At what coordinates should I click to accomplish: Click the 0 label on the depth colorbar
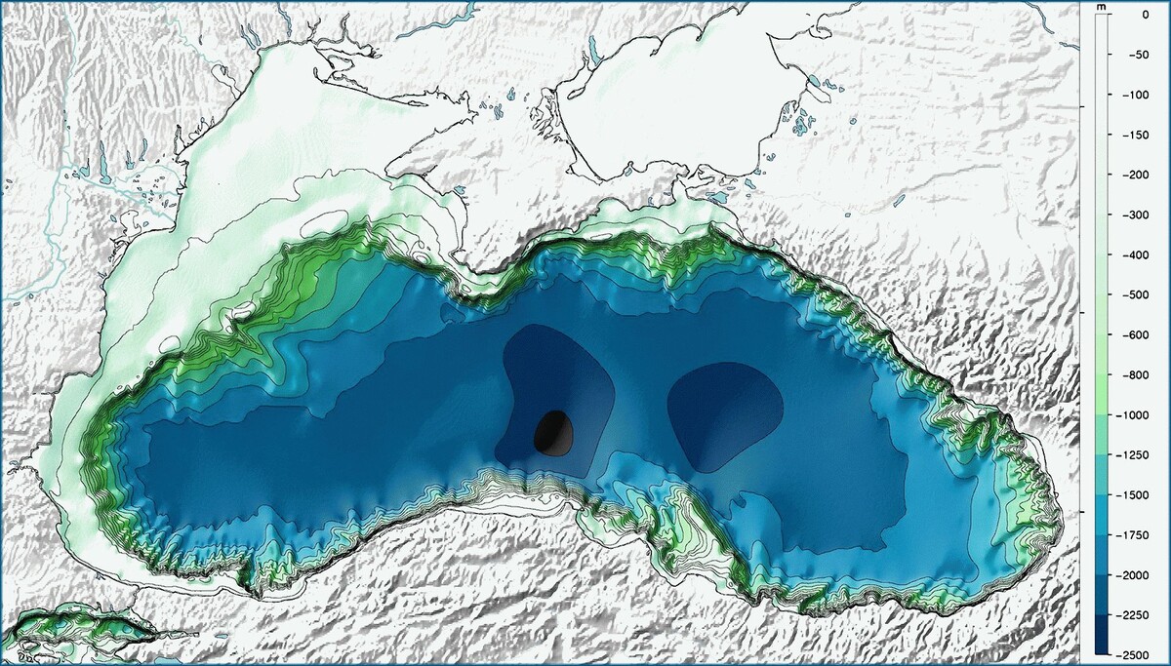pos(1143,15)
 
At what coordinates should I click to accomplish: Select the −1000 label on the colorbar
pos(1135,414)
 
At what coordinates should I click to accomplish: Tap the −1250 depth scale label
pos(1135,454)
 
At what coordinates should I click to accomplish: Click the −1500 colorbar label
pos(1135,494)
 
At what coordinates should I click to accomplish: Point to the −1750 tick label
pos(1135,534)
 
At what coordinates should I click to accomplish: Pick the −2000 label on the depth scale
pos(1135,574)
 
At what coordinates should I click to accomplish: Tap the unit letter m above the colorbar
pos(1101,8)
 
